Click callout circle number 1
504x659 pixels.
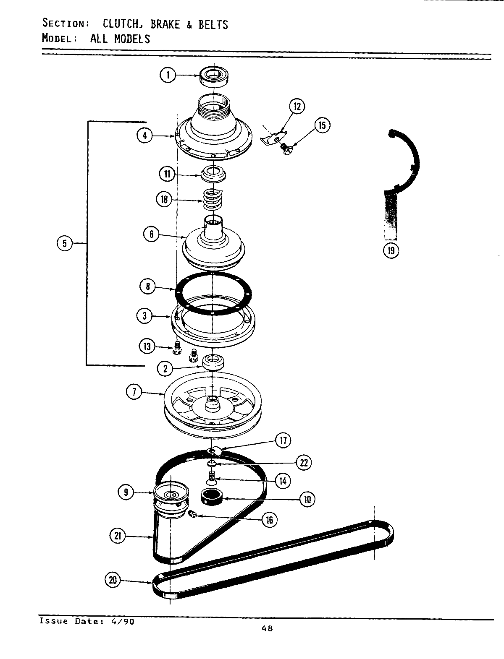point(167,75)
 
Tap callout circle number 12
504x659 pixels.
point(297,106)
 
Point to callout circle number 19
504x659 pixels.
point(391,250)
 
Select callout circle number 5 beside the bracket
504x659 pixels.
point(64,243)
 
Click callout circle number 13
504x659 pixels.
point(147,346)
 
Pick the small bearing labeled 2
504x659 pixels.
point(213,361)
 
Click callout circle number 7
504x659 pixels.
point(134,393)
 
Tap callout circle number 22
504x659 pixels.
point(303,462)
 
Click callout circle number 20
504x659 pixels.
point(113,580)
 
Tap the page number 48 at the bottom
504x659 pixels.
point(267,628)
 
